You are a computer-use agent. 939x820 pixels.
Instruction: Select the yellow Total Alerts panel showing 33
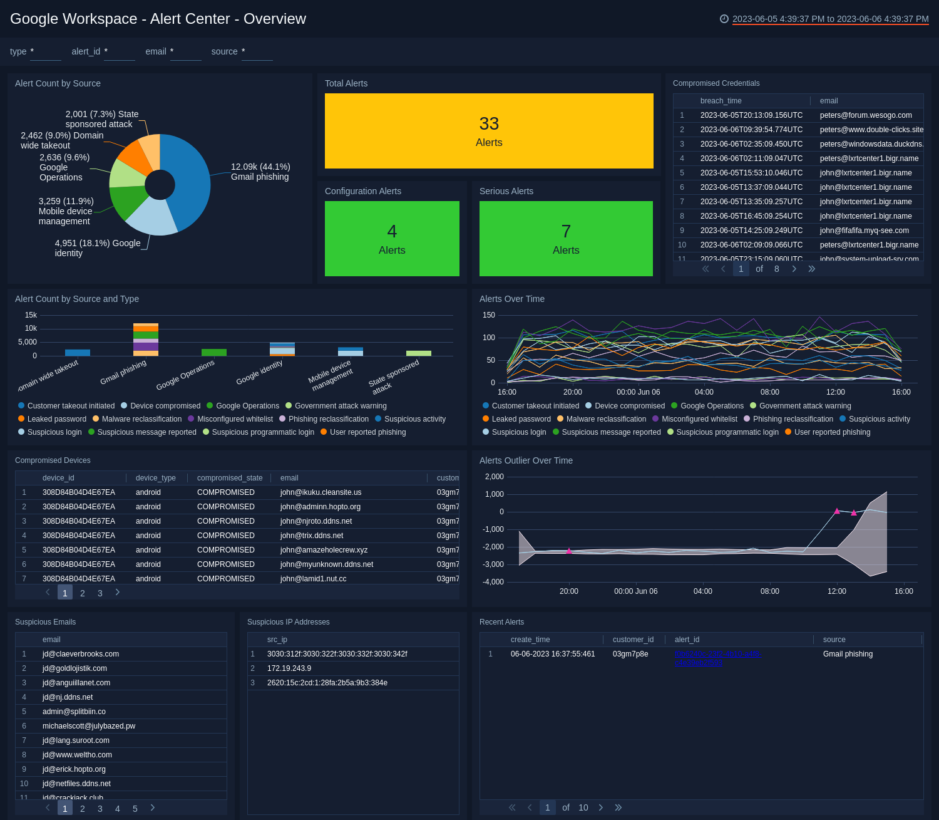coord(489,131)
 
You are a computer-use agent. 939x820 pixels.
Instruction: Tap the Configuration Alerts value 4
coord(392,232)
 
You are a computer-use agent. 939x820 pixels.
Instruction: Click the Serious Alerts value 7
coord(566,232)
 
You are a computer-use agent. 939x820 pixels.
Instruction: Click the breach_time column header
coord(721,101)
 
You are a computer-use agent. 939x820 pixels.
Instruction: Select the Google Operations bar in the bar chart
coord(214,353)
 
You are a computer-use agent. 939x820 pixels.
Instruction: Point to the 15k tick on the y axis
coord(31,315)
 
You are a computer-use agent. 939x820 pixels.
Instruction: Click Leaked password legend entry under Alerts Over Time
coord(521,419)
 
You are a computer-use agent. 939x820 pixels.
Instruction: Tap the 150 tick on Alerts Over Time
coord(489,315)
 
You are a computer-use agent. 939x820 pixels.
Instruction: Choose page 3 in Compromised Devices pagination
coord(100,593)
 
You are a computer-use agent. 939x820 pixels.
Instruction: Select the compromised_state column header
coord(230,478)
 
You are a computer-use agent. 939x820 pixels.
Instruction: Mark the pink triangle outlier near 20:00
coord(569,551)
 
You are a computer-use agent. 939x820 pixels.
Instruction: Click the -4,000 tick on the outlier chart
coord(494,582)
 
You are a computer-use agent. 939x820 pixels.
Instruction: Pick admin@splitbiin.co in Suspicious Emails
coord(74,712)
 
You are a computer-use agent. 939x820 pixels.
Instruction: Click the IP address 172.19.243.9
coord(289,668)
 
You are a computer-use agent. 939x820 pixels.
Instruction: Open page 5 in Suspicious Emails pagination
coord(135,809)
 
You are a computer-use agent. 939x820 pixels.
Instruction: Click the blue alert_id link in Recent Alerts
coord(717,658)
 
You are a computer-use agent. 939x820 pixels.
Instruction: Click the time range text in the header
coord(830,19)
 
